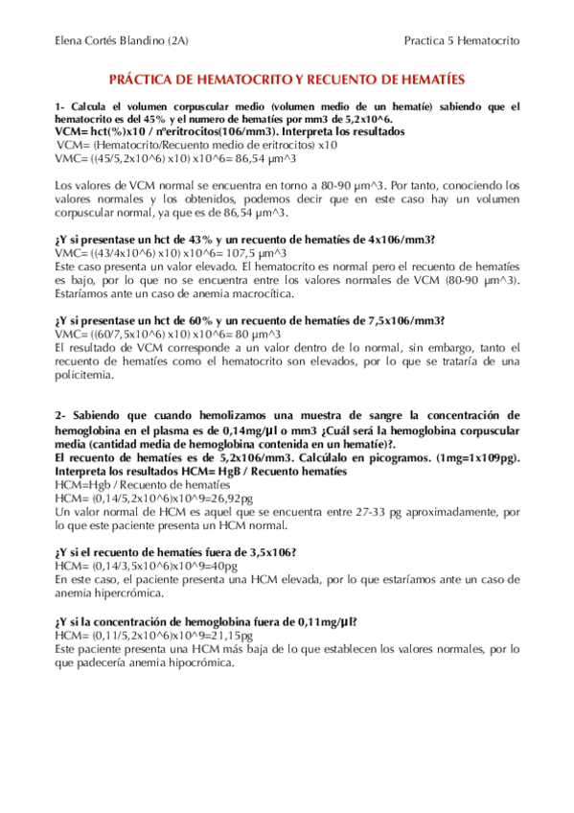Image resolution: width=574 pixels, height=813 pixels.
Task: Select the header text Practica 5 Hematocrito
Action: [x=462, y=42]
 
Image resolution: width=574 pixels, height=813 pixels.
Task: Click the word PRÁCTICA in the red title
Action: [x=146, y=84]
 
